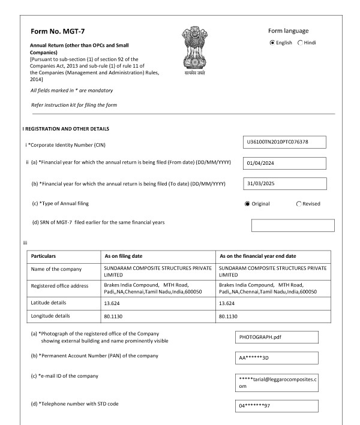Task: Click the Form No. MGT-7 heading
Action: coord(57,32)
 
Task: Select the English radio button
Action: coord(273,43)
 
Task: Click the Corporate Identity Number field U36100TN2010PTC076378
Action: coord(282,142)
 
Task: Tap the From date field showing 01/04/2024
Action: coord(282,164)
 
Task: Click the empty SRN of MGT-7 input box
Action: coord(293,225)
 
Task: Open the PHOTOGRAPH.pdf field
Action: coord(277,337)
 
